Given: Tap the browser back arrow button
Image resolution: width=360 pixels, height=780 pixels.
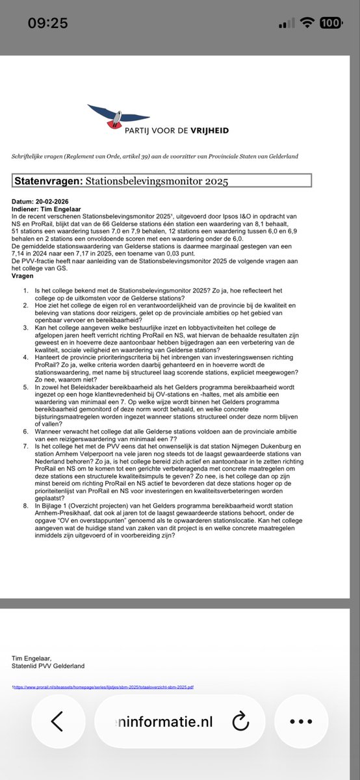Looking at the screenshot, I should (57, 721).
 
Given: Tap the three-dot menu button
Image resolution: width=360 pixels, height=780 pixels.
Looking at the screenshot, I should (301, 721).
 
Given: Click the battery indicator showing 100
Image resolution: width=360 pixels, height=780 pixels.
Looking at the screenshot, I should (330, 23).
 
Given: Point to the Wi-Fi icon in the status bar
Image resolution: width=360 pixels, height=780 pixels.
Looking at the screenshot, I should (305, 23).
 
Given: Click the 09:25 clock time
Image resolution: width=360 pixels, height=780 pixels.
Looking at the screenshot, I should (47, 23).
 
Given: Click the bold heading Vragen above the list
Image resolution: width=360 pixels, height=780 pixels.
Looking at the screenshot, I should (24, 276).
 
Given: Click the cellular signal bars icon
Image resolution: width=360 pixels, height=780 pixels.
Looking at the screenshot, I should (285, 23).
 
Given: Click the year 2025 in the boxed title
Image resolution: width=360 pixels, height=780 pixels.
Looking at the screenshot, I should (215, 181).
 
